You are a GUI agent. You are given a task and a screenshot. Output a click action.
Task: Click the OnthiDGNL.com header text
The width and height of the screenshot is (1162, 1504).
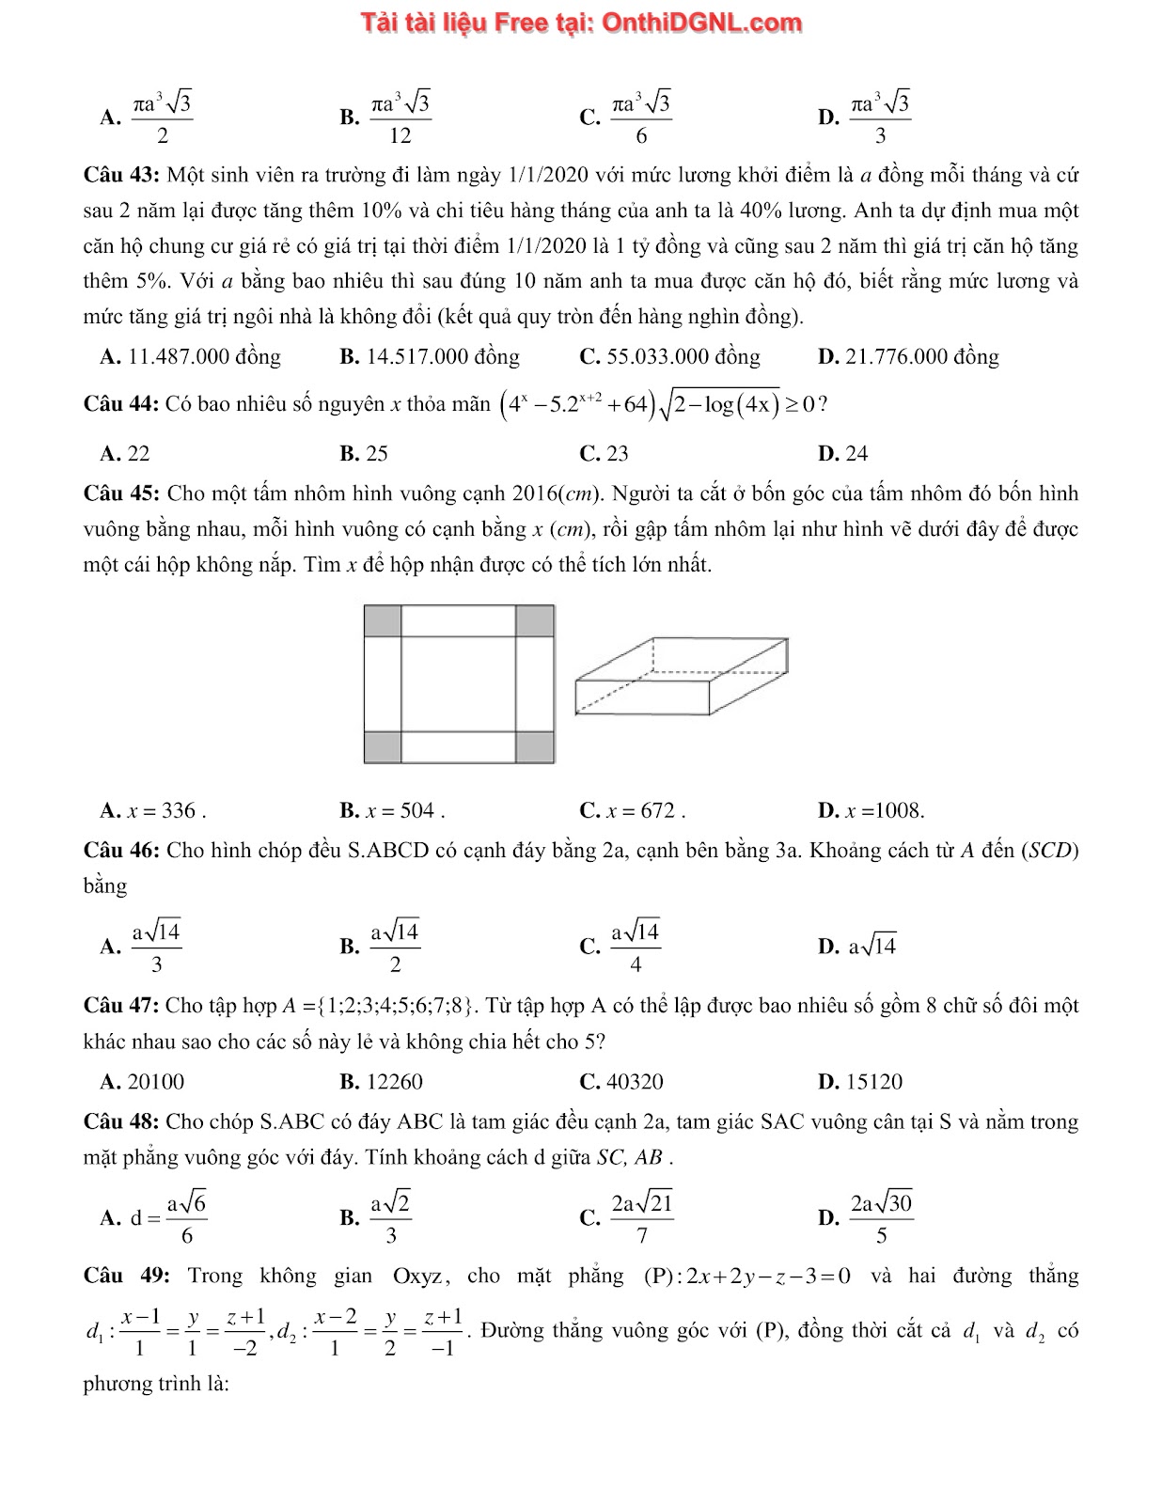point(582,23)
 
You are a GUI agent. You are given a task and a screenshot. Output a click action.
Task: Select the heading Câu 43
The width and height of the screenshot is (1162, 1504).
point(123,175)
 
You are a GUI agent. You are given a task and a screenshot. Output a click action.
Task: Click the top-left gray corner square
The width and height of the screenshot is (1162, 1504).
point(383,621)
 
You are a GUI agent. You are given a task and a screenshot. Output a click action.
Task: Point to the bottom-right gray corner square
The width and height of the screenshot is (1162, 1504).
point(535,747)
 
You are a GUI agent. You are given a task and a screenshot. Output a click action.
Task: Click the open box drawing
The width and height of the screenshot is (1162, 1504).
point(681,676)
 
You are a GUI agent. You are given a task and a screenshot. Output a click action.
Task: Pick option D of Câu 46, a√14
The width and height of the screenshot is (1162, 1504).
point(871,947)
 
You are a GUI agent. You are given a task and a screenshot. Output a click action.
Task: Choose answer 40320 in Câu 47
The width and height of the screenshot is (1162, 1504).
point(634,1082)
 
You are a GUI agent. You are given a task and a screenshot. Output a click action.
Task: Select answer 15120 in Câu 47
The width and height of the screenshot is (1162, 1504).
point(873,1082)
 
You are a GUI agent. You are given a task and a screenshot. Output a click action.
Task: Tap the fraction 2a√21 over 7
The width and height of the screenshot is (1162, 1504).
point(642,1218)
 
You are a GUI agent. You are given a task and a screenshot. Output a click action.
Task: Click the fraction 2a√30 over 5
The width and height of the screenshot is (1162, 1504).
point(881,1218)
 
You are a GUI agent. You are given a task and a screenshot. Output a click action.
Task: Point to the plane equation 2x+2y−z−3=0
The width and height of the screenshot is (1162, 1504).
point(768,1277)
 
